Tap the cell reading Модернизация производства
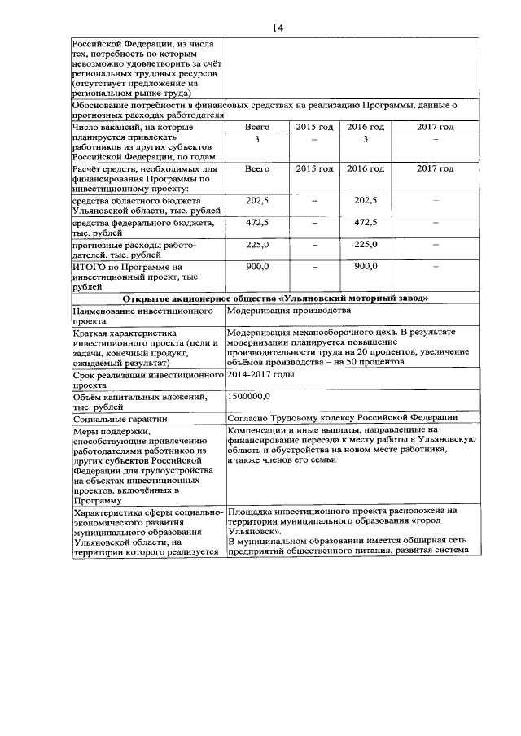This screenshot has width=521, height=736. (288, 310)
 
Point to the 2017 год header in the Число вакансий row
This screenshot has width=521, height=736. (435, 128)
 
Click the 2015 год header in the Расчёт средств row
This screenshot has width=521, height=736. (314, 168)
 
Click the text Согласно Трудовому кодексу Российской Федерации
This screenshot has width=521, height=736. (342, 417)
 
